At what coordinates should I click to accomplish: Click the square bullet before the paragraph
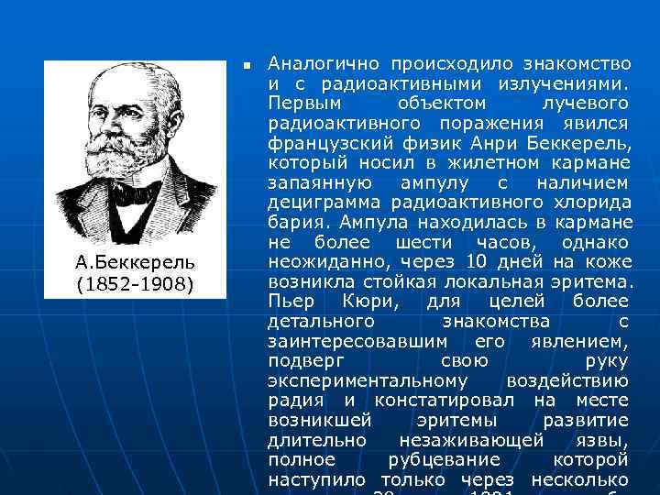point(247,67)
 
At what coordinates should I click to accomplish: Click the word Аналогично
point(319,64)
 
